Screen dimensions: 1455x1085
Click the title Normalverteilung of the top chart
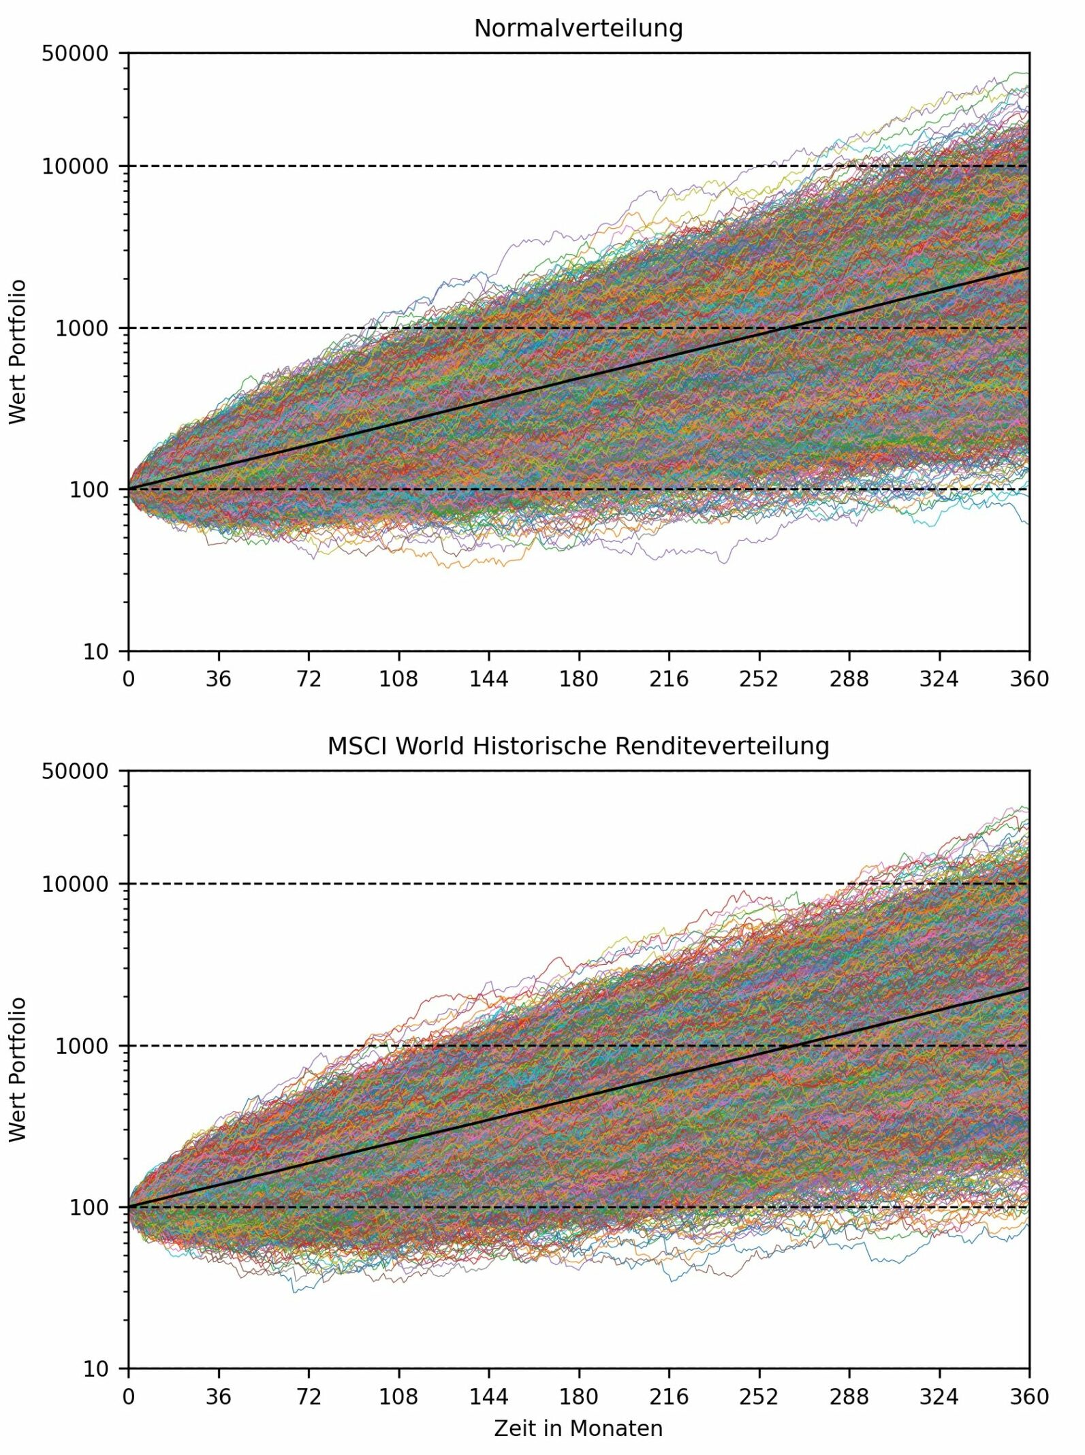click(578, 29)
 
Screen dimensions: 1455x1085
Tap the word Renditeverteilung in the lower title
click(722, 746)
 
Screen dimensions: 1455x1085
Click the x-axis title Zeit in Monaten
click(578, 1428)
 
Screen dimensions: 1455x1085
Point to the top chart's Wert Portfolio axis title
click(18, 351)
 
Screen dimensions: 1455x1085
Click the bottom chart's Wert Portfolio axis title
click(18, 1069)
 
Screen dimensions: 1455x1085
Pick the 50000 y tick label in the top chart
click(75, 53)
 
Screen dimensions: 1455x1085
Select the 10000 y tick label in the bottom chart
click(75, 884)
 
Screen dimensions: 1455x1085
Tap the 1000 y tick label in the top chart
click(82, 328)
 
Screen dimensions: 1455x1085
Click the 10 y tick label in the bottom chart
click(95, 1369)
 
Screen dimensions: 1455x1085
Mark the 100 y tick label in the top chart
click(89, 490)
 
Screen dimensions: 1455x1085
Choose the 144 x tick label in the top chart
click(488, 679)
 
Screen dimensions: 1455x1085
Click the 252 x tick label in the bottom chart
click(759, 1396)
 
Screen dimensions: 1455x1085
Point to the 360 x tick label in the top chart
click(1029, 679)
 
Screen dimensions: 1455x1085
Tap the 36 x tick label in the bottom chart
click(219, 1396)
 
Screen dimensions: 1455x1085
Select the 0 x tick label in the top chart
click(129, 679)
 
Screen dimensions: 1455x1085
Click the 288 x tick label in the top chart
click(849, 679)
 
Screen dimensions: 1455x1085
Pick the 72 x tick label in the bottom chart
click(309, 1396)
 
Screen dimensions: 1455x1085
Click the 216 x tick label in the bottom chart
click(669, 1396)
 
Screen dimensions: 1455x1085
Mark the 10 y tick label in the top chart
click(95, 652)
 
